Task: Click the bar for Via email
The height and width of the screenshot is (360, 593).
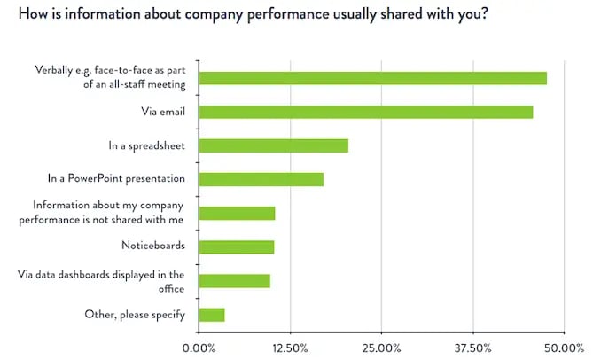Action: [x=365, y=112]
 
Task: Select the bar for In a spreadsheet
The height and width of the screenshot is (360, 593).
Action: [x=273, y=145]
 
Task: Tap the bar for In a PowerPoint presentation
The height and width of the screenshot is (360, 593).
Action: [x=261, y=179]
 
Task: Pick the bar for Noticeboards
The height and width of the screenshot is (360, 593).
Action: [x=237, y=247]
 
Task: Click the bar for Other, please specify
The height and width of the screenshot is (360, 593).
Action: [x=212, y=315]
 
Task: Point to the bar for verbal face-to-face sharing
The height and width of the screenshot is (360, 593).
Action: [x=372, y=78]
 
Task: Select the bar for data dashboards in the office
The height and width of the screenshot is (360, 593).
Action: [x=234, y=281]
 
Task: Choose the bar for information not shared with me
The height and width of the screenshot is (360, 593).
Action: [x=237, y=213]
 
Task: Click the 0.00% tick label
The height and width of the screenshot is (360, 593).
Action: [x=199, y=348]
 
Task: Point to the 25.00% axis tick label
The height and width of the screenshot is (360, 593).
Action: [x=381, y=348]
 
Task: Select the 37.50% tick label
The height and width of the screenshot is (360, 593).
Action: [x=472, y=348]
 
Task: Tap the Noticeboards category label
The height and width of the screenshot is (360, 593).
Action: [x=152, y=247]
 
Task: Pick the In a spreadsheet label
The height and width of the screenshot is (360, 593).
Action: [x=145, y=145]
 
